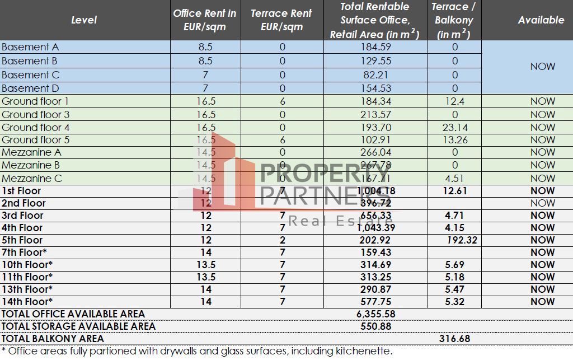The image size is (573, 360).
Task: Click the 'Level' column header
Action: pos(84,20)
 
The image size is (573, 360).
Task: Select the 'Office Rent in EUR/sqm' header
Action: pos(205,20)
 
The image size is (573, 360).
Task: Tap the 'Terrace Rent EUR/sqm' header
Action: pos(281,20)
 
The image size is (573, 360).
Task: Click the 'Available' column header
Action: pos(541,20)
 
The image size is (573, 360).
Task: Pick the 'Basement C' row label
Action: pos(30,74)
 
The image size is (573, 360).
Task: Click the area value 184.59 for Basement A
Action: pos(375,48)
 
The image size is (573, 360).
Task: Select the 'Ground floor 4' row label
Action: pos(36,128)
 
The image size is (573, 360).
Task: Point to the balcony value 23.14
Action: pos(454,128)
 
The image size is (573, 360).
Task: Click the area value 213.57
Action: pos(375,115)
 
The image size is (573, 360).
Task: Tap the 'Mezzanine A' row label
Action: pos(31,152)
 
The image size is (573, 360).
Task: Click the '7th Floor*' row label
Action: pos(24,253)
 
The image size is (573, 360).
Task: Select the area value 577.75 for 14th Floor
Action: pos(375,302)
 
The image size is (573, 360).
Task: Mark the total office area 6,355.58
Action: pos(375,314)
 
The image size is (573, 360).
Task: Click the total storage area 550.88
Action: pos(375,326)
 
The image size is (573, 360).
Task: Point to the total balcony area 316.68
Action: pos(454,339)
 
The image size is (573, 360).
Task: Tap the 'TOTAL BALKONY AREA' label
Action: pos(53,339)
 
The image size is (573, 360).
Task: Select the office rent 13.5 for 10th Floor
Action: pos(206,265)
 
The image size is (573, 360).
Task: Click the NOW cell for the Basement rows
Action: pos(542,67)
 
